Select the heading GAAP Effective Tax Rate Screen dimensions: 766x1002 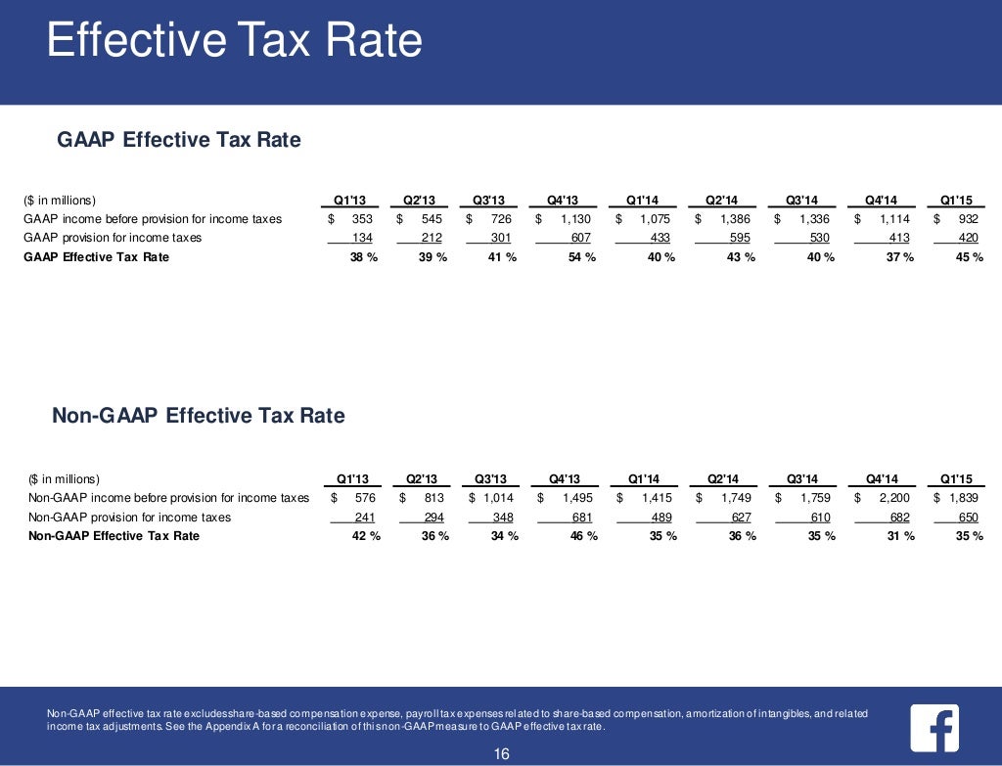(179, 140)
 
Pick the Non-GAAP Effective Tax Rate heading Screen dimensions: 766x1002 (198, 416)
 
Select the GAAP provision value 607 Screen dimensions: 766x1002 (580, 238)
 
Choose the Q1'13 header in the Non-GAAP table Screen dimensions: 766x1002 (352, 479)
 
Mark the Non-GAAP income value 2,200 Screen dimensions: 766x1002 (895, 498)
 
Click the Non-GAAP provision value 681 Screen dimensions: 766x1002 (579, 517)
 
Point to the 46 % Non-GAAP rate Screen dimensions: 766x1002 (579, 536)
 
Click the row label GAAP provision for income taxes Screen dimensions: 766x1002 (113, 238)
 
